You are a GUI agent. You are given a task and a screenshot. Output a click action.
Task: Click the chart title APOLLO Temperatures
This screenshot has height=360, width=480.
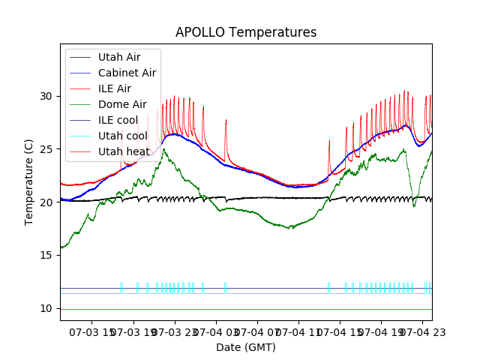[246, 32]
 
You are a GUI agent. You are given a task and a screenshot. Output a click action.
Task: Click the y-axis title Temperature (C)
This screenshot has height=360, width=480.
[29, 182]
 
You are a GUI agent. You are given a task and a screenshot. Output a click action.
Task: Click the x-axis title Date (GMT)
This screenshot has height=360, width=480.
[246, 347]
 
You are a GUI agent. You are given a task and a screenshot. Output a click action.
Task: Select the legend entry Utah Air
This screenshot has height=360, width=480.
[118, 57]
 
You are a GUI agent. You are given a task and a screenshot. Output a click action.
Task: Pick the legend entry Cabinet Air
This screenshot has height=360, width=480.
[127, 73]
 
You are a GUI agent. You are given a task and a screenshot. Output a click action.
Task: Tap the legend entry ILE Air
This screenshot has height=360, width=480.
[115, 88]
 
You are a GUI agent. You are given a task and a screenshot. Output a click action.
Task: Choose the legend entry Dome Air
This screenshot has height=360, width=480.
[122, 104]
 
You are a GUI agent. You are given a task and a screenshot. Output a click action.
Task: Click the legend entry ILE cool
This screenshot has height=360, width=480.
[118, 120]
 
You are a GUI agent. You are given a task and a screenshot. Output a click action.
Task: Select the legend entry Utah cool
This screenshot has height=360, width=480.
[122, 136]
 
